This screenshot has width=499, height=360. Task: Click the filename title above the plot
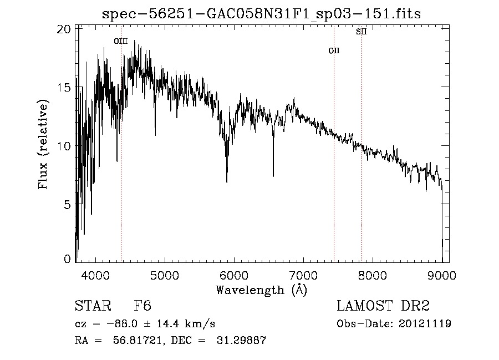(x=262, y=14)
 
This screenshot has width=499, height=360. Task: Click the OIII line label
(x=121, y=41)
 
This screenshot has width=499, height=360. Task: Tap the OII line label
(x=334, y=50)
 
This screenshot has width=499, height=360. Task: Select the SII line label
(x=361, y=32)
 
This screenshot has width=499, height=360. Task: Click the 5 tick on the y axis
(x=67, y=205)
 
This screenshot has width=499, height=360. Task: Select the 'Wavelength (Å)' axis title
(x=261, y=289)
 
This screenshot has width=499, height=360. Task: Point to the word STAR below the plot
(x=92, y=306)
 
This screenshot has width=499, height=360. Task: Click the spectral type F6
(x=142, y=306)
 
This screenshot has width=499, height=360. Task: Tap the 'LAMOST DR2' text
(x=383, y=306)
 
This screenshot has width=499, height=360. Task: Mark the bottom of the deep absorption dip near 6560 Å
(x=273, y=176)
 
